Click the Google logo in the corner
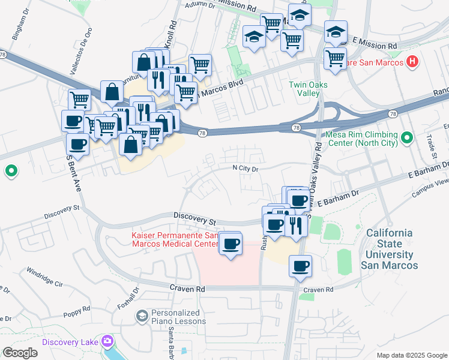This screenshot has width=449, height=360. (20, 353)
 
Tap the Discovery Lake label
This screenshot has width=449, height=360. (70, 342)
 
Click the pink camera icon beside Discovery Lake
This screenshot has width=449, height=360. (107, 341)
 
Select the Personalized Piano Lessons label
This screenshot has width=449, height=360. (178, 317)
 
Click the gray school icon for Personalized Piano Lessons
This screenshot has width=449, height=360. (142, 316)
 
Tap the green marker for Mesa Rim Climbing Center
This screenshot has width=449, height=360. (407, 139)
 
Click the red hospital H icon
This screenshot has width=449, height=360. (412, 61)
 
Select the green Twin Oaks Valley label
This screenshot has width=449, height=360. (309, 89)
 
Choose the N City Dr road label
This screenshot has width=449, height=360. (246, 169)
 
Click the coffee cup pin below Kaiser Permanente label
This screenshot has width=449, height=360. (231, 244)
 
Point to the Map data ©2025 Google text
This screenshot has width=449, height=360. (412, 355)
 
